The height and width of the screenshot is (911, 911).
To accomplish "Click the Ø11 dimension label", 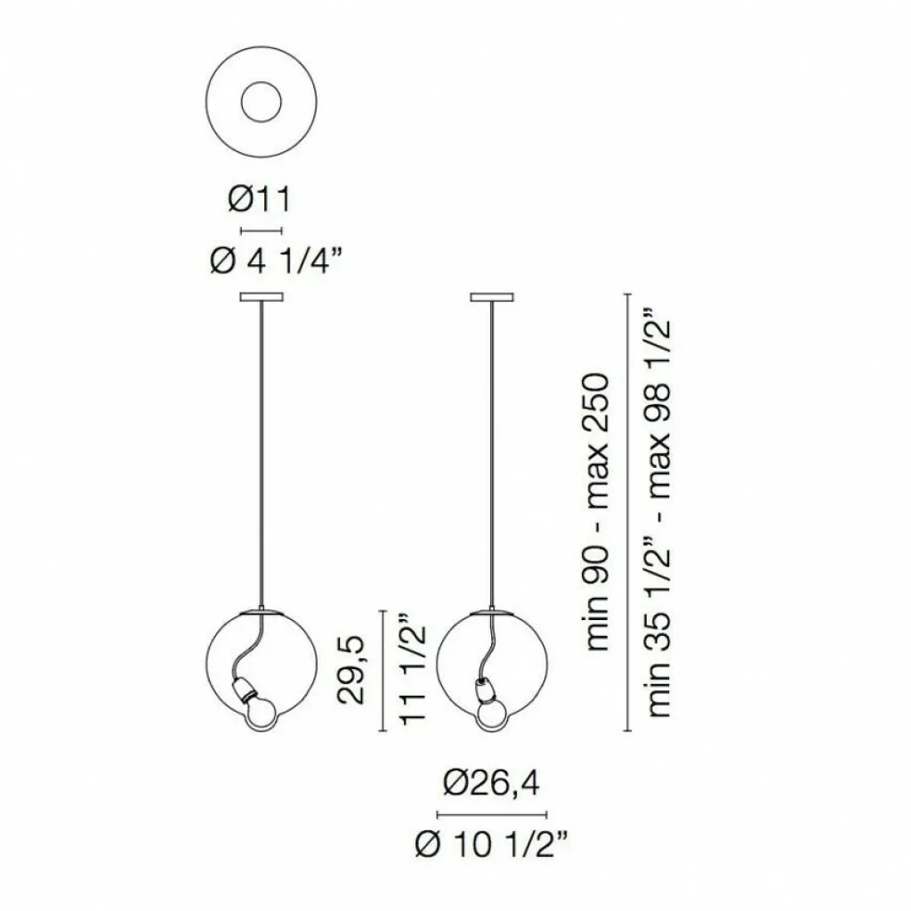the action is tap(259, 200).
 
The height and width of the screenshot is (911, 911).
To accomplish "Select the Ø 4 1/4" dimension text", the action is tap(274, 262).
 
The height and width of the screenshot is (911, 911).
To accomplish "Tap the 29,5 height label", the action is tap(351, 670).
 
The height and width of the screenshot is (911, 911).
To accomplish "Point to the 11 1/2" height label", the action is tap(413, 673).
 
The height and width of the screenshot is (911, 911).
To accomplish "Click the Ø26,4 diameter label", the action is tap(491, 785).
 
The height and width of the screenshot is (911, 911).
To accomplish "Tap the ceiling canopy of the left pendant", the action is tap(262, 297).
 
